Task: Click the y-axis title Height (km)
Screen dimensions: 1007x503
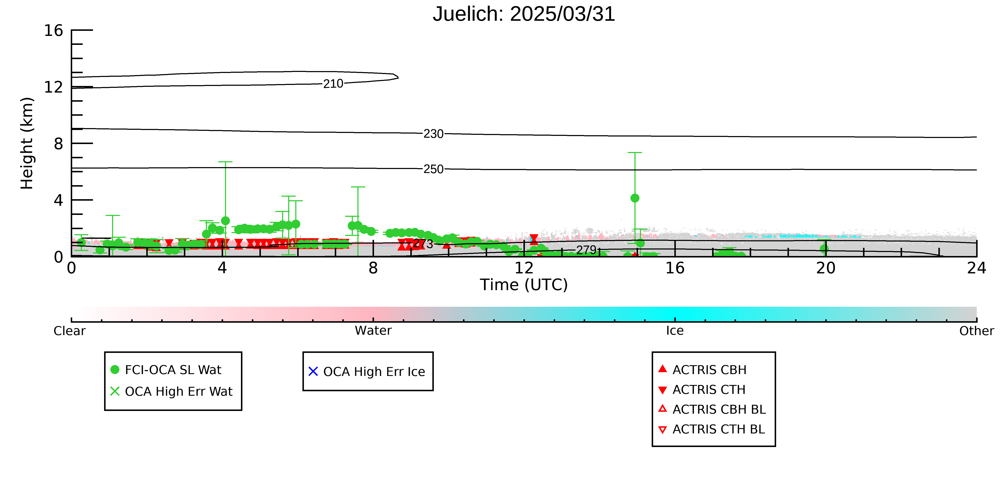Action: [27, 143]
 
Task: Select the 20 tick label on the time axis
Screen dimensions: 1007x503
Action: [826, 268]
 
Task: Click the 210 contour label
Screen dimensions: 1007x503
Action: [333, 84]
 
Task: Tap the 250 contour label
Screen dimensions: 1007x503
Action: [434, 169]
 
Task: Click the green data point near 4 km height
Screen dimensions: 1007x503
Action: [635, 198]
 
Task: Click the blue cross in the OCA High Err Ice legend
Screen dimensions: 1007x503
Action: [313, 371]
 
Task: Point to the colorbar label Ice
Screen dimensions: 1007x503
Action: [675, 331]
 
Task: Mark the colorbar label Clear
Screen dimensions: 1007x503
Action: [70, 331]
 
